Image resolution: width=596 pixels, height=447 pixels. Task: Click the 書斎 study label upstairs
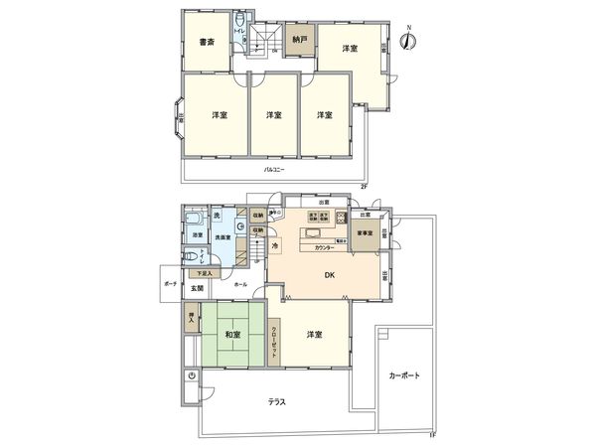pos(208,42)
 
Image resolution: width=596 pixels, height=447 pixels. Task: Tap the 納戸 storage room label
pos(297,41)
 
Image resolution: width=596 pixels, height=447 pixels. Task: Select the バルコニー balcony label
pos(275,170)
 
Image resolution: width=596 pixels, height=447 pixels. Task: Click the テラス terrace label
pos(278,402)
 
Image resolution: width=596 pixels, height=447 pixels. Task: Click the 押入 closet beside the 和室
pos(191,321)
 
